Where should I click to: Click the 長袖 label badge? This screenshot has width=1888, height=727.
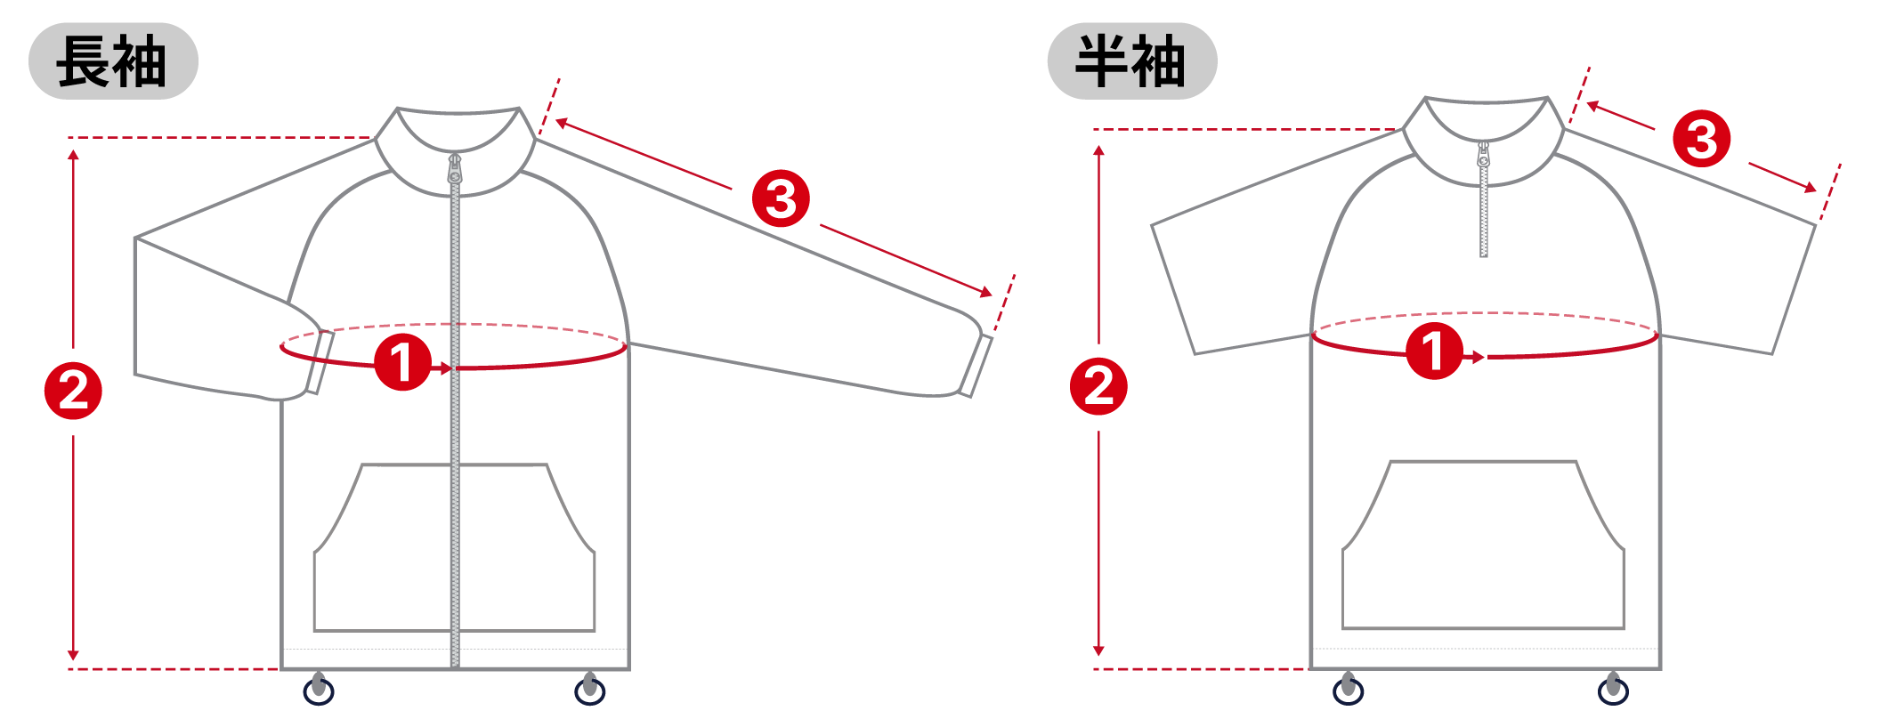click(x=113, y=61)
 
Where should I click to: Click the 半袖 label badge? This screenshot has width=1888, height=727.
click(x=1132, y=61)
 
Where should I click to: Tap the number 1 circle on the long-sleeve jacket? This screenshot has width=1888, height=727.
click(x=402, y=362)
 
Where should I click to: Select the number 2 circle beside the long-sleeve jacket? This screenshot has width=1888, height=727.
click(x=74, y=391)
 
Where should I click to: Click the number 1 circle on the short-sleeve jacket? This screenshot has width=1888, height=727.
click(x=1434, y=351)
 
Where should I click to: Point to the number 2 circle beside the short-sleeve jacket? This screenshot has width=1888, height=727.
click(x=1098, y=386)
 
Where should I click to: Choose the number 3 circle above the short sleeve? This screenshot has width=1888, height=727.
click(x=1702, y=139)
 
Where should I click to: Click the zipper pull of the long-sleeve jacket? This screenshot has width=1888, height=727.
click(x=455, y=169)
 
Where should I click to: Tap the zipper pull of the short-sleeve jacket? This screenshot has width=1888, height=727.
click(x=1483, y=155)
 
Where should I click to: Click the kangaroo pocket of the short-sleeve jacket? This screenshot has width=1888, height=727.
click(x=1483, y=545)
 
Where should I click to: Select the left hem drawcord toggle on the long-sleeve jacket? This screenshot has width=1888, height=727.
click(x=319, y=689)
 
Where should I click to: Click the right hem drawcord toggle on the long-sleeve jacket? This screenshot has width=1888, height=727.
click(x=589, y=689)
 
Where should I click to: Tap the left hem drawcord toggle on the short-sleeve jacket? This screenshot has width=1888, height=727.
click(x=1348, y=689)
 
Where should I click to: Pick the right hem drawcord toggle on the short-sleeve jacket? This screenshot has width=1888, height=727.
click(x=1613, y=689)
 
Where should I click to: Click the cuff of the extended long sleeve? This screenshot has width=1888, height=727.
click(x=976, y=366)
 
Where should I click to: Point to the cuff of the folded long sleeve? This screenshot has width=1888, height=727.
click(x=320, y=362)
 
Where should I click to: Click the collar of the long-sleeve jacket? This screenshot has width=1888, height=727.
click(x=455, y=151)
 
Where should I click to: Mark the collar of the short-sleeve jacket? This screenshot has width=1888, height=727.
click(x=1484, y=141)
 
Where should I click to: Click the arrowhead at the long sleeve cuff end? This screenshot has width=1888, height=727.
click(x=987, y=292)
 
